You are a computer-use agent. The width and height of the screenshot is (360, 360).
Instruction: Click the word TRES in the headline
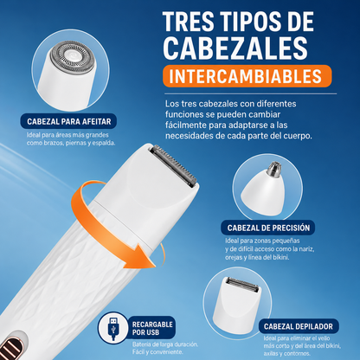189,22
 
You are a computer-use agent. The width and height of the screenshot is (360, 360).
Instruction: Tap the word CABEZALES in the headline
236,48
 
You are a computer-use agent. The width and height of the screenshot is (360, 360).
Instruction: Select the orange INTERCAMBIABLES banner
247,76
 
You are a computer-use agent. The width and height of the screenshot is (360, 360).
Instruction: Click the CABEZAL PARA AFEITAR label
68,121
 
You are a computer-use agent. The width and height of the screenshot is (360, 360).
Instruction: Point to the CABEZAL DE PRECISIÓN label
268,228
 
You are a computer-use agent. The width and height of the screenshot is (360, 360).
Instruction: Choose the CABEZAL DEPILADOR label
298,326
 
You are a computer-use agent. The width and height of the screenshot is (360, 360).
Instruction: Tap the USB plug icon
113,328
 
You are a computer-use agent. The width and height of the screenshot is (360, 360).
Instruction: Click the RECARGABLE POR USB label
152,328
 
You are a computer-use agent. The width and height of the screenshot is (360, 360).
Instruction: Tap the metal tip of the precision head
273,169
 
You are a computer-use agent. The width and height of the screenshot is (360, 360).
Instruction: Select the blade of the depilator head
241,284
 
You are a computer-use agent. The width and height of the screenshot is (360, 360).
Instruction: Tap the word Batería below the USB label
141,344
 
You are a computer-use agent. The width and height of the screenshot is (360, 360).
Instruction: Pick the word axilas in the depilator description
271,354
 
